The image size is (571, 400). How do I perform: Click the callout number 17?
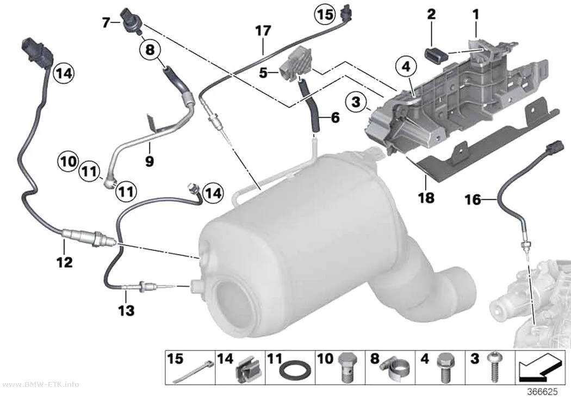263,31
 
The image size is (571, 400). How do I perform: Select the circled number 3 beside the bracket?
356,102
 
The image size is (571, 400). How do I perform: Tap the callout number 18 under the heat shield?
426,198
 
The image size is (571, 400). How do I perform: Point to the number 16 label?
473,200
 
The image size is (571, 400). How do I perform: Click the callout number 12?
65,262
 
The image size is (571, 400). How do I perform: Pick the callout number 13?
126,311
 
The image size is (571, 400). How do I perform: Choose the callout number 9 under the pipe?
150,161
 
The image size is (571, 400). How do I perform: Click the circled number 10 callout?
68,162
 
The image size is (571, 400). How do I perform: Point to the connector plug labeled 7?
131,20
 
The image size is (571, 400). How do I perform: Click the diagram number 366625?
543,392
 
